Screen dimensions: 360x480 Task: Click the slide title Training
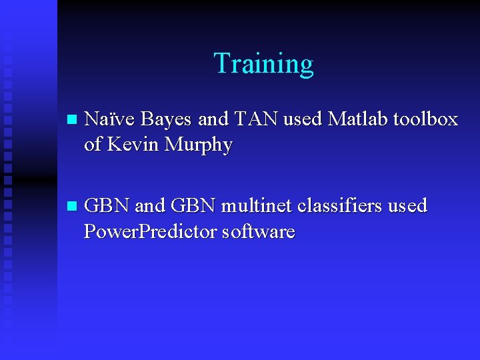pos(263,64)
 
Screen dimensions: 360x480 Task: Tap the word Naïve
pos(110,119)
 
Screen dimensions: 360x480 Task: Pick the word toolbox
pos(426,119)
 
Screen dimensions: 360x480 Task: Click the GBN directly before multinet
pos(193,206)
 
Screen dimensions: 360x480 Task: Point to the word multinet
pos(257,206)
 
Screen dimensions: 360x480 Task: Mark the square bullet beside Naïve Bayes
pos(72,121)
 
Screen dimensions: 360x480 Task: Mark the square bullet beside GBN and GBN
pos(72,207)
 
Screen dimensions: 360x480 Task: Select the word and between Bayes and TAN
pos(213,119)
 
